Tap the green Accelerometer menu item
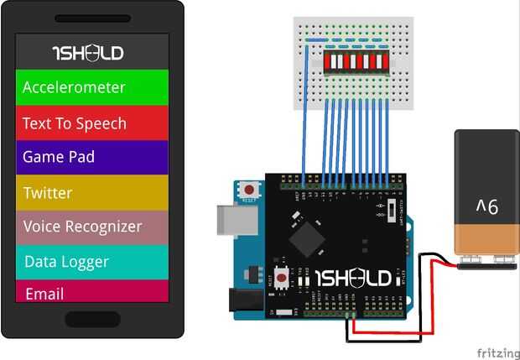(92, 87)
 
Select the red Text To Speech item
(92, 123)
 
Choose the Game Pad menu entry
(92, 157)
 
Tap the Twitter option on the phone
(92, 193)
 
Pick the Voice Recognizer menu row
(92, 227)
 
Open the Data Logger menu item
(92, 262)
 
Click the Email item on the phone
(92, 294)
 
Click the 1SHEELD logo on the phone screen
(87, 53)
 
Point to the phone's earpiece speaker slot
(92, 18)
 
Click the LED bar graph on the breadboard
(356, 61)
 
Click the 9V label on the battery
(486, 206)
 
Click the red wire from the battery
(394, 332)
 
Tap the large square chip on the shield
(306, 238)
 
